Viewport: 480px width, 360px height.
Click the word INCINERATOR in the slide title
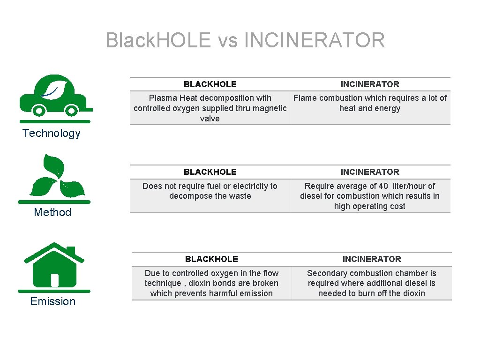(x=315, y=40)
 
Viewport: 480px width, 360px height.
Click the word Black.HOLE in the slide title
(x=158, y=40)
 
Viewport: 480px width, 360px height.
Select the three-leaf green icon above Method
(x=56, y=177)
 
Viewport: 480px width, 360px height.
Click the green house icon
(x=54, y=266)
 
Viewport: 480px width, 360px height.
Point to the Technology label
(x=52, y=133)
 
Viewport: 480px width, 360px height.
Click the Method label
(x=52, y=212)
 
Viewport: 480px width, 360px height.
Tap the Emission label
(x=52, y=301)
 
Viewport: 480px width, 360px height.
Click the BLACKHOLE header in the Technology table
(x=210, y=84)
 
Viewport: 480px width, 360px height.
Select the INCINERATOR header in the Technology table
(x=370, y=84)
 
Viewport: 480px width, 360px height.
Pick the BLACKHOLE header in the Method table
(x=210, y=172)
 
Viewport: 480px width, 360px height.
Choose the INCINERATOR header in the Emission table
(x=372, y=259)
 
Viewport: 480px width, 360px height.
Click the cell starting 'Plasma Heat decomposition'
(x=210, y=108)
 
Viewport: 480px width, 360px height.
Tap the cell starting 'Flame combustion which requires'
(x=370, y=103)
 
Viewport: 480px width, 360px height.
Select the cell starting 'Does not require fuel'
(x=210, y=191)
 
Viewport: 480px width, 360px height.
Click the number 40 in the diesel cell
(x=383, y=186)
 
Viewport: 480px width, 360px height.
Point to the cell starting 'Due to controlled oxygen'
(x=211, y=283)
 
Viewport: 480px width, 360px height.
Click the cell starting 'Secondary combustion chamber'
(x=372, y=283)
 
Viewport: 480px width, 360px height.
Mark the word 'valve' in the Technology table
(x=210, y=119)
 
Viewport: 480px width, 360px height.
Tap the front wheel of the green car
(x=71, y=111)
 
